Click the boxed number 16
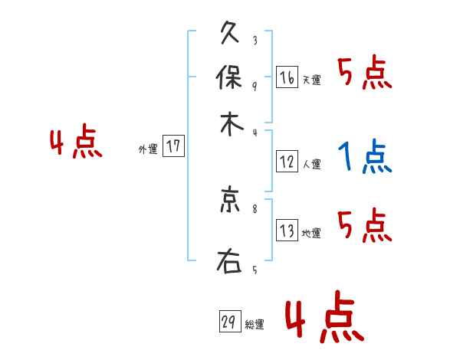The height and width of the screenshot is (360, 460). (x=287, y=77)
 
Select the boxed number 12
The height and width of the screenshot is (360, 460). (x=287, y=162)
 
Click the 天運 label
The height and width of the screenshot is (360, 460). (x=311, y=80)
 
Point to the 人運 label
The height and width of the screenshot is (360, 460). (x=311, y=164)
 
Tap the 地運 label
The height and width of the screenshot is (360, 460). (x=311, y=234)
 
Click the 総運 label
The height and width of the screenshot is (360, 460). (x=255, y=325)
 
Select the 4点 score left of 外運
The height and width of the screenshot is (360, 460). (x=76, y=144)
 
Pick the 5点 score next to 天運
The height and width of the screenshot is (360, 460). (x=365, y=74)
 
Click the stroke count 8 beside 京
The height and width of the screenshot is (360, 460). (x=255, y=208)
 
